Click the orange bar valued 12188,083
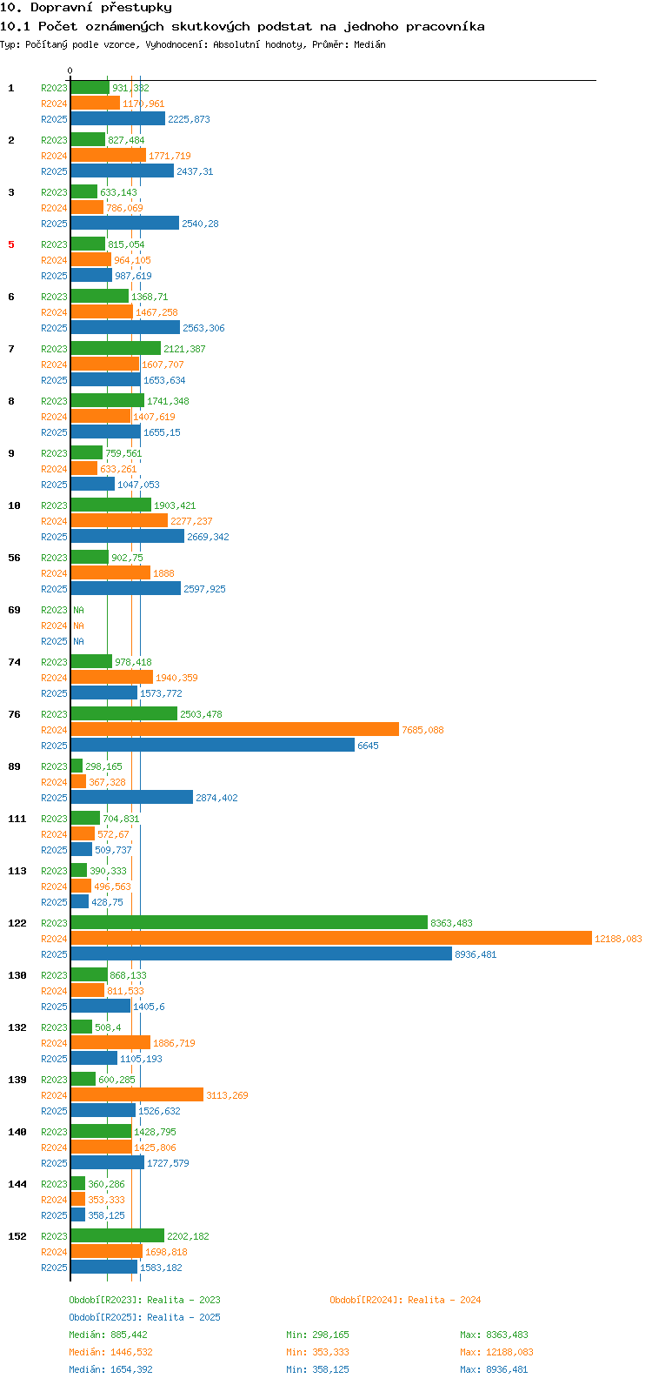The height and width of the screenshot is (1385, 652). pyautogui.click(x=331, y=939)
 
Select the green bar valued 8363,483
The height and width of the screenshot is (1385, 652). pyautogui.click(x=249, y=922)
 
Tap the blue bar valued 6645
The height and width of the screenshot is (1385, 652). pyautogui.click(x=213, y=745)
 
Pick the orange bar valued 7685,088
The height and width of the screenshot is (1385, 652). pyautogui.click(x=235, y=730)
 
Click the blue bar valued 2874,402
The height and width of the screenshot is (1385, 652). pyautogui.click(x=131, y=798)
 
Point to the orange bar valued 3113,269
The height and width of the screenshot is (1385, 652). pyautogui.click(x=137, y=1095)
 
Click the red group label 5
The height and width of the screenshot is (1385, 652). pyautogui.click(x=11, y=244)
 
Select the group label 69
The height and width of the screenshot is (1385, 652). pyautogui.click(x=14, y=610)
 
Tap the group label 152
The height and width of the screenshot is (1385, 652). pyautogui.click(x=17, y=1236)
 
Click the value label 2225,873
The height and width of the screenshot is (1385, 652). pyautogui.click(x=190, y=119)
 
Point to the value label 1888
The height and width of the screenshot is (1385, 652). pyautogui.click(x=163, y=573)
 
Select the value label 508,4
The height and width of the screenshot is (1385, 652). pyautogui.click(x=108, y=1027)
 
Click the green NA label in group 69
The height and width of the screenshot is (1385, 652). pyautogui.click(x=78, y=610)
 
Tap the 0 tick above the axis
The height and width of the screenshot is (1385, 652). pyautogui.click(x=70, y=70)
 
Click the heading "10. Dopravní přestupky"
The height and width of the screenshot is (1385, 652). pyautogui.click(x=86, y=8)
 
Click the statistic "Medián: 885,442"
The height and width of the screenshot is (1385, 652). pyautogui.click(x=108, y=1335)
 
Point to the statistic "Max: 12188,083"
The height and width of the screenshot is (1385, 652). pyautogui.click(x=497, y=1352)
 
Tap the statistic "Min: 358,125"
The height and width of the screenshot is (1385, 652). pyautogui.click(x=317, y=1369)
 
